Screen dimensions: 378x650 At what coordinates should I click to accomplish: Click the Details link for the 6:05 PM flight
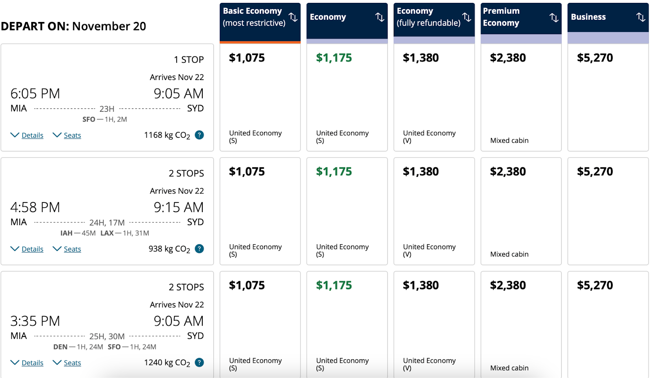click(x=32, y=135)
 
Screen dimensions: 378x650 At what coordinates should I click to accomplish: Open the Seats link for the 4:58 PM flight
click(x=72, y=249)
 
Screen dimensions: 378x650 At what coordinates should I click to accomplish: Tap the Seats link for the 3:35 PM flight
click(x=72, y=363)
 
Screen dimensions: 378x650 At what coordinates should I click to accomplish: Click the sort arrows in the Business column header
click(x=641, y=17)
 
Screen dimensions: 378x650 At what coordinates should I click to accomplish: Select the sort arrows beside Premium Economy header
click(x=554, y=17)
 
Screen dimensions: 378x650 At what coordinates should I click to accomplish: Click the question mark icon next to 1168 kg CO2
click(x=199, y=135)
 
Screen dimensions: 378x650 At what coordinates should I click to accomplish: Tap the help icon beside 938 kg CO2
click(x=199, y=249)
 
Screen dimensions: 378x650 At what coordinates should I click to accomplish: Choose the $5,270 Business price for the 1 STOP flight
click(x=595, y=58)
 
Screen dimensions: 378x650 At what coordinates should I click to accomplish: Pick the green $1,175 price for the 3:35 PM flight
click(x=334, y=285)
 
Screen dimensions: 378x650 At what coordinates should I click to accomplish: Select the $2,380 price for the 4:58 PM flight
click(x=508, y=172)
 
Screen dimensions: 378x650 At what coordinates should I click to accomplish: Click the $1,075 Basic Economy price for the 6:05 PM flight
click(x=247, y=58)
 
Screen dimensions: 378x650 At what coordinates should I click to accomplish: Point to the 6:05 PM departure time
click(x=35, y=93)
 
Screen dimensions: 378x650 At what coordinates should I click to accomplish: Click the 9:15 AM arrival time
click(x=178, y=207)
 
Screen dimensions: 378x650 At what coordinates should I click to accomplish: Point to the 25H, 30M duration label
click(x=107, y=337)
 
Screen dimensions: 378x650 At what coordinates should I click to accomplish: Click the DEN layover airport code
click(x=60, y=347)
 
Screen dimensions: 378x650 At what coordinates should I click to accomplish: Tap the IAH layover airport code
click(x=66, y=233)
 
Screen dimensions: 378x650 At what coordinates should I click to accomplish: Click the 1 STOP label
click(x=188, y=60)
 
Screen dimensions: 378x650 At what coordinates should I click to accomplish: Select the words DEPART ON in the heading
click(x=35, y=26)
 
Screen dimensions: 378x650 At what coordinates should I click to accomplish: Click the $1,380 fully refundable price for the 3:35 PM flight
click(x=420, y=285)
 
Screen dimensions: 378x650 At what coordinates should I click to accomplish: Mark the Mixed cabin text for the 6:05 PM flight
click(x=509, y=141)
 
